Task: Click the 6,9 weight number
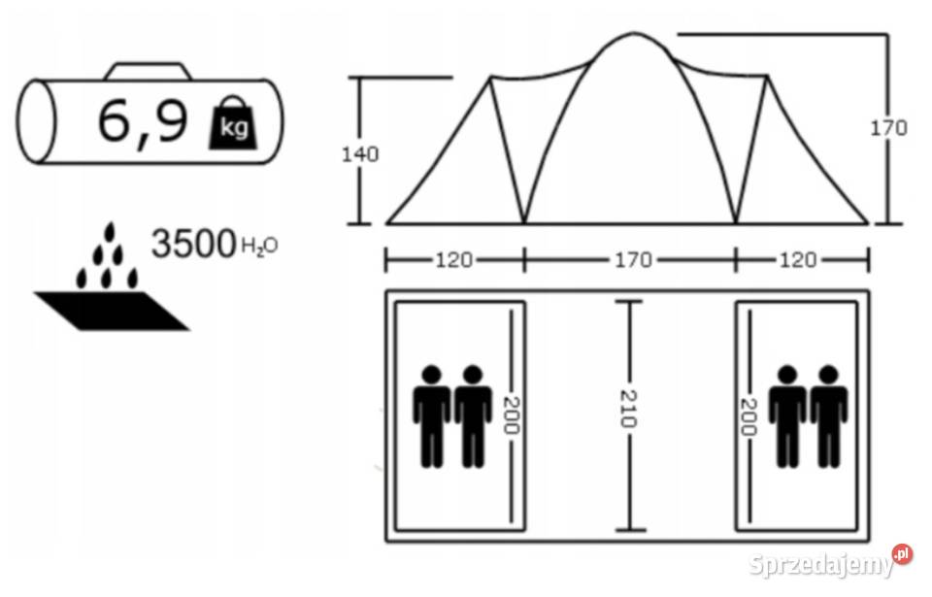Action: click(x=143, y=121)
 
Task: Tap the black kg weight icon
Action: click(x=234, y=122)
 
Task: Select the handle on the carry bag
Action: click(x=148, y=71)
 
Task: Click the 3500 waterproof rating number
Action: click(x=194, y=244)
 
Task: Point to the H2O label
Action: click(x=259, y=246)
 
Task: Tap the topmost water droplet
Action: click(x=109, y=232)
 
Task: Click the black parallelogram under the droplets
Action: click(x=112, y=311)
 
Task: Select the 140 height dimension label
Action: click(x=359, y=154)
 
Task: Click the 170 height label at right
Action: click(x=888, y=128)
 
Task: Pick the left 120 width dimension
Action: click(x=454, y=260)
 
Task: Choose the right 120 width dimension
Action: click(x=798, y=260)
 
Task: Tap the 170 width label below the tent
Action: click(x=634, y=260)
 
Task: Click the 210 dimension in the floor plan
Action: click(x=628, y=409)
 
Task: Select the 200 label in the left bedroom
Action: click(x=512, y=415)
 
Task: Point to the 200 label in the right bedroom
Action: click(x=748, y=416)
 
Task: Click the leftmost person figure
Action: click(x=431, y=416)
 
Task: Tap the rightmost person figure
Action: click(x=828, y=416)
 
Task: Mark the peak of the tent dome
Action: click(x=634, y=33)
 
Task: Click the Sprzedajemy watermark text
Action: click(x=821, y=564)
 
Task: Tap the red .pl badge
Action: click(x=902, y=554)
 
